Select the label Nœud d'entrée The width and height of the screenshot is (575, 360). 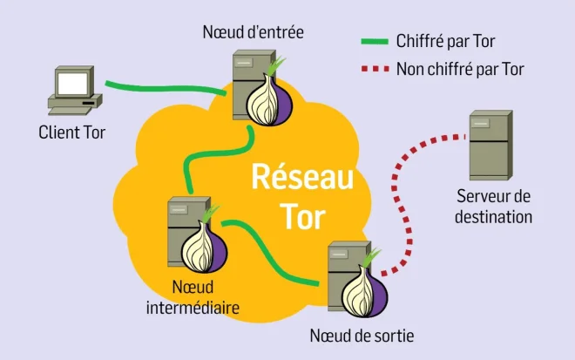click(253, 33)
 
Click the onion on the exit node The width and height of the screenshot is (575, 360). click(361, 293)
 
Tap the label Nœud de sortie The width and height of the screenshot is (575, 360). click(362, 336)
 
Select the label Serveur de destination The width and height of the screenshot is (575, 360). click(493, 206)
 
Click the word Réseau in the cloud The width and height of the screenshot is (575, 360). click(302, 177)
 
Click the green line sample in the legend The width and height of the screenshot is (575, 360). click(374, 40)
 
